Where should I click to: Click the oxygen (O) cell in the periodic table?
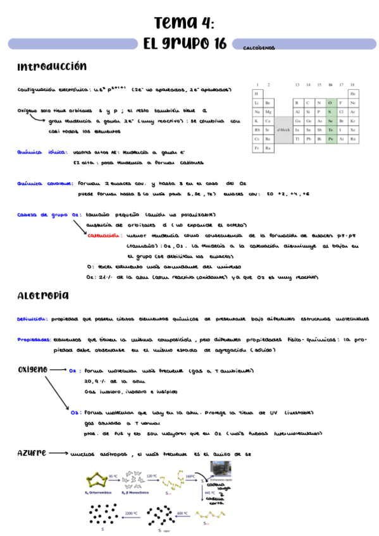coord(330,102)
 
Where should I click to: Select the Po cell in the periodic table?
coord(330,138)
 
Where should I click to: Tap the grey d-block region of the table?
coord(283,129)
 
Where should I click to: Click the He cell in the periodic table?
coord(352,93)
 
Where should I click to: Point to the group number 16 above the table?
coord(330,84)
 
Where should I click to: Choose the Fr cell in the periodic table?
coord(257,147)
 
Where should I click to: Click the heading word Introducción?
coord(52,66)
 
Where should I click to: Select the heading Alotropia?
coord(44,295)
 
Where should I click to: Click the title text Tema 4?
coord(184,23)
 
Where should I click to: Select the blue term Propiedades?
coord(34,339)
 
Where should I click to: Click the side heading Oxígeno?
coord(32,368)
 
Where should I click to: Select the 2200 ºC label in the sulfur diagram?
coord(132,513)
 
